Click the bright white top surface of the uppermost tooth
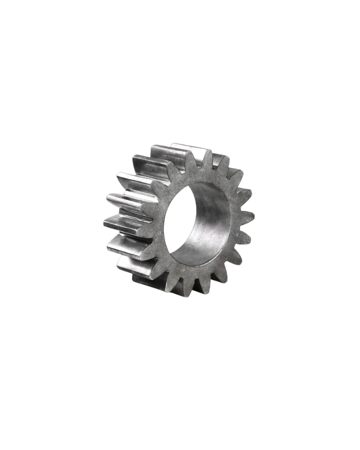click(189, 148)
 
